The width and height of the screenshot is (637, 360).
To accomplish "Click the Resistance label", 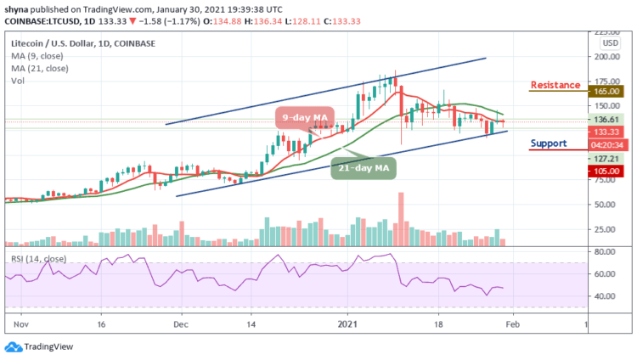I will tap(555, 85).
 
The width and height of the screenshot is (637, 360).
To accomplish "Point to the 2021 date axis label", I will tap(347, 323).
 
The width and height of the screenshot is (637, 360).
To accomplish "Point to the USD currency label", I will tap(610, 42).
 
